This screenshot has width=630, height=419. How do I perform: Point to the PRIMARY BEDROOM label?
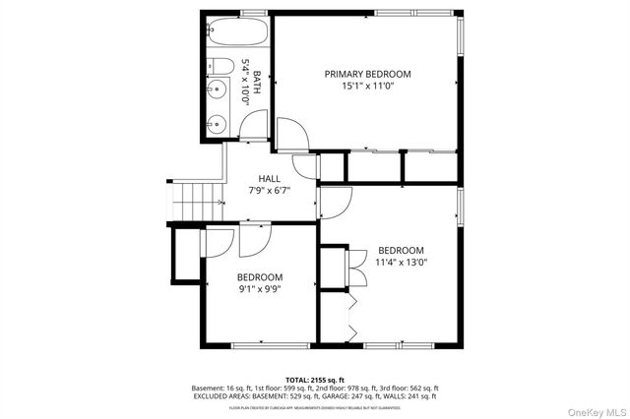coord(367,74)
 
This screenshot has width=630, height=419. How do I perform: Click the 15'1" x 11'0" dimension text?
coord(367,87)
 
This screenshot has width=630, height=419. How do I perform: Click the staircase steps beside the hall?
coord(192,202)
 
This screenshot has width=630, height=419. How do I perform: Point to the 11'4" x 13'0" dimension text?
coord(401,262)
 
